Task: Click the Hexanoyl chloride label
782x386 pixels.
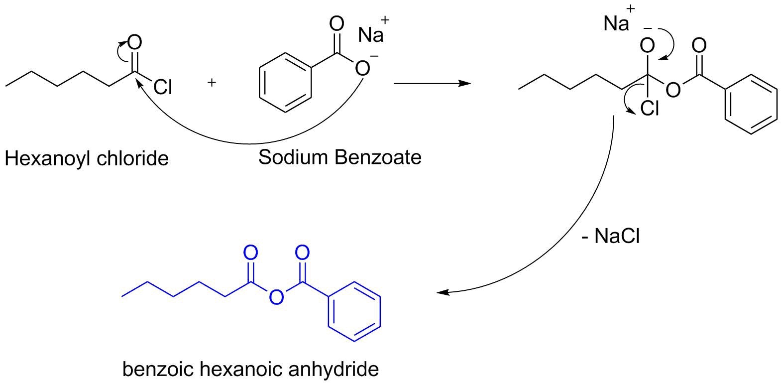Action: click(87, 159)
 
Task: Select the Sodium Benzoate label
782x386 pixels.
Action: click(339, 157)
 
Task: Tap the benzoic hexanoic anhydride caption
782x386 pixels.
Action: click(250, 369)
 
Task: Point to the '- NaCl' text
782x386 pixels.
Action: click(611, 236)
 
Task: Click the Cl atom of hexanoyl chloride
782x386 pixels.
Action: click(163, 87)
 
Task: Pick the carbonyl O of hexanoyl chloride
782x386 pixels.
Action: click(135, 43)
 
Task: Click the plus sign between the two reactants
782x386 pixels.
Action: click(212, 83)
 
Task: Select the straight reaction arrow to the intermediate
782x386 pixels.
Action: click(433, 84)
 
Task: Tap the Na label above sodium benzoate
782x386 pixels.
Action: click(371, 35)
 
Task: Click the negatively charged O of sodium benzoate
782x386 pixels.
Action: click(362, 68)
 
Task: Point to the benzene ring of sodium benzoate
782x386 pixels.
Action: click(286, 83)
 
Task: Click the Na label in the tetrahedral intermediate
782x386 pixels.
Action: click(616, 24)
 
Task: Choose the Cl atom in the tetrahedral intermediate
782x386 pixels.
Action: click(650, 108)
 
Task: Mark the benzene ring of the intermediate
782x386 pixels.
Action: click(751, 105)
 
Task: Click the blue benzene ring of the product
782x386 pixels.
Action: click(354, 312)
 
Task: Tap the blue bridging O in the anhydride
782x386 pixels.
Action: click(276, 297)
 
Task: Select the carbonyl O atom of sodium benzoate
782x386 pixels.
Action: click(336, 24)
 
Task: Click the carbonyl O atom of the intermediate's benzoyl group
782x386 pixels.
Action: click(699, 45)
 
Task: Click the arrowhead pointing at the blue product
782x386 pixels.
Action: click(443, 292)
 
